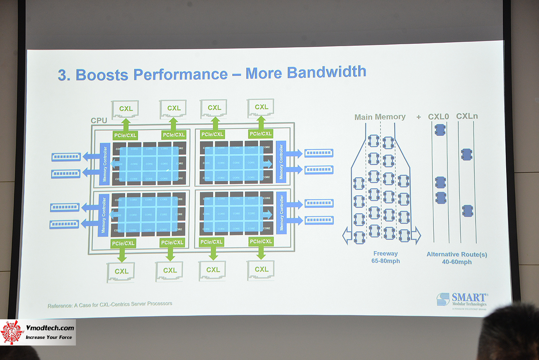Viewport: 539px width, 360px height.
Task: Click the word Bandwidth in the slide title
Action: coord(327,72)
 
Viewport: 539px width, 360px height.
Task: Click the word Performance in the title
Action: coord(180,74)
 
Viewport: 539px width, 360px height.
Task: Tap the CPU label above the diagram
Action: coord(99,121)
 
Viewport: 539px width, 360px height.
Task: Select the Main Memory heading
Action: coord(380,117)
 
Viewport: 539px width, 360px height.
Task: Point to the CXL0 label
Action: coord(438,117)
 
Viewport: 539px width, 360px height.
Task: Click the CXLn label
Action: coord(467,116)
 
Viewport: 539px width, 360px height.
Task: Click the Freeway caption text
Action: coord(385,254)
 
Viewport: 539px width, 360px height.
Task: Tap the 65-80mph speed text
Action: coord(386,261)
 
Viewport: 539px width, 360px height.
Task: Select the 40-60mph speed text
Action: coord(457,262)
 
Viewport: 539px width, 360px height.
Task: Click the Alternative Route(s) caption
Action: coord(457,254)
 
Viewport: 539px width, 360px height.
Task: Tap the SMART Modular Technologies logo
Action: coord(462,301)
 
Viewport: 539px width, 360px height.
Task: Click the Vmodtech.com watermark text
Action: coord(50,328)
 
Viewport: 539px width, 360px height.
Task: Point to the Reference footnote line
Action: coord(110,305)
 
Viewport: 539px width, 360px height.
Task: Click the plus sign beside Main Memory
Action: coord(419,117)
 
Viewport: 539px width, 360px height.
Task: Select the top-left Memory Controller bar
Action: coord(104,164)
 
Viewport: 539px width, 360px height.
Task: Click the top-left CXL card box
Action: coord(126,109)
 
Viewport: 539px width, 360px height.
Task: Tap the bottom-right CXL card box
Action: coord(261,270)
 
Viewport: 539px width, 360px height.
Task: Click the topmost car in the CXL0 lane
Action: coord(440,129)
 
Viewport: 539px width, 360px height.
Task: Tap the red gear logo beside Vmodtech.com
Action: coord(12,333)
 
